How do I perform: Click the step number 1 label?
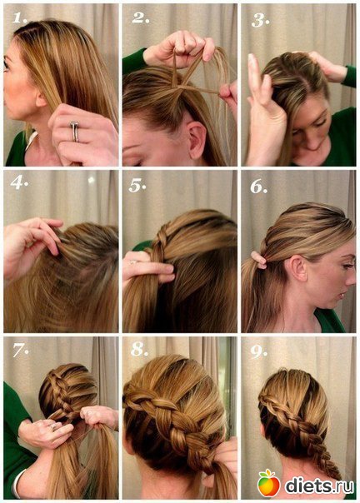[19, 17]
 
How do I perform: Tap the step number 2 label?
[140, 17]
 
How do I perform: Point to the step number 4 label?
[19, 183]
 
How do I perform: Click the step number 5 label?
[137, 185]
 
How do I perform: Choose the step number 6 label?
[258, 186]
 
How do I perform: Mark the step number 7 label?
[21, 350]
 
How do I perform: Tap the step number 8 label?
[139, 349]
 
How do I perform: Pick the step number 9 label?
[258, 351]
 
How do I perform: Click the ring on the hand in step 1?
[75, 131]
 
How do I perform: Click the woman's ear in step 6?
[297, 268]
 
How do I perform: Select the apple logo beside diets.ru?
[268, 483]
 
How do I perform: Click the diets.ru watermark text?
[319, 486]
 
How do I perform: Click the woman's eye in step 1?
[6, 65]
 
